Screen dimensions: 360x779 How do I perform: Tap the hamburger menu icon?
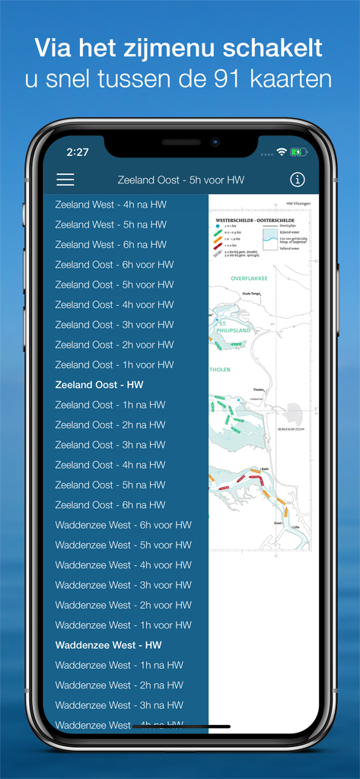(65, 180)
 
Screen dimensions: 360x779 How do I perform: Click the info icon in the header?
(297, 180)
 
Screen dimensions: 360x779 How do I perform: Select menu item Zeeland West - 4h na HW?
(111, 205)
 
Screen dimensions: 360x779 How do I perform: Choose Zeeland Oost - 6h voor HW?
(114, 265)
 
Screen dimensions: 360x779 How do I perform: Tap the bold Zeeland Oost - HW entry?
(100, 385)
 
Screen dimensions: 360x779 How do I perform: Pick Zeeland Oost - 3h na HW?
(110, 445)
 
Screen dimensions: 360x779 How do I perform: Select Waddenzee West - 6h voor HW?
(123, 525)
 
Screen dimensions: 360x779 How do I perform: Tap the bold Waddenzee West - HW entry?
(109, 645)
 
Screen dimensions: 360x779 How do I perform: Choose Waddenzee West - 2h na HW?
(119, 685)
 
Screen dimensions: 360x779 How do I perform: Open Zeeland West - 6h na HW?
(111, 245)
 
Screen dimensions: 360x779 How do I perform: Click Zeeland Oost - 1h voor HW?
(114, 364)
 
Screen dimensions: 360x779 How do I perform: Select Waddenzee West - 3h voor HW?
(123, 585)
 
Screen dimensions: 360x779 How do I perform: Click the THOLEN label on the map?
(222, 370)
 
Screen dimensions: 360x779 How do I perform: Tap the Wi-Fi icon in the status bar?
(282, 152)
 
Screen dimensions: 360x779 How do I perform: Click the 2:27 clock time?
(78, 152)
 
